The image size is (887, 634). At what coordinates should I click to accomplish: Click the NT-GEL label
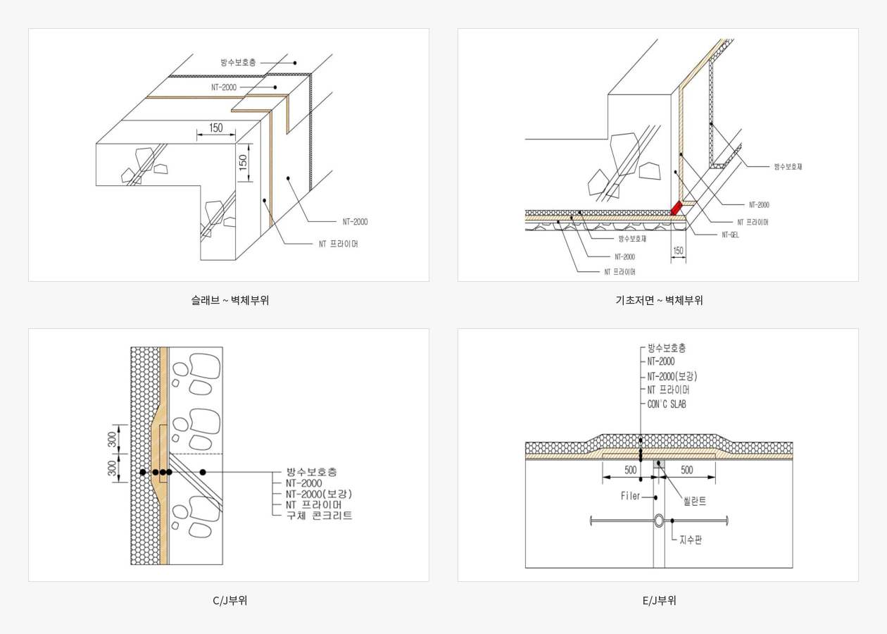click(731, 235)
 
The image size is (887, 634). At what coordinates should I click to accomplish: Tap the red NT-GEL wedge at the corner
click(676, 208)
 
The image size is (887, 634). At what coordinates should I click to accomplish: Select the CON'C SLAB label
click(666, 404)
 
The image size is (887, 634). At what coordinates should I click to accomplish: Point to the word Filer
click(630, 496)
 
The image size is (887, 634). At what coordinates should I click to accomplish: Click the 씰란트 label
click(694, 501)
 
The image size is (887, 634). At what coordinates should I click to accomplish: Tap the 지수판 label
click(691, 540)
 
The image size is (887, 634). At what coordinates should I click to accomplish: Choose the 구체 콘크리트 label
click(319, 516)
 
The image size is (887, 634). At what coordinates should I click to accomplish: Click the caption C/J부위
click(229, 601)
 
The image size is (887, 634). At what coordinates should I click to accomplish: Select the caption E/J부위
click(659, 601)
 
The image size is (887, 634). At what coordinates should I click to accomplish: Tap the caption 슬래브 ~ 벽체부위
click(229, 300)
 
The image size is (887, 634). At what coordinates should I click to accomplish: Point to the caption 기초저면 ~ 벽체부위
click(659, 300)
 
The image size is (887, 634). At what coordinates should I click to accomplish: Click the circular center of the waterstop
click(658, 521)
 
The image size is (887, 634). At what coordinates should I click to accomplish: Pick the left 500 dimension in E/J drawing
click(630, 470)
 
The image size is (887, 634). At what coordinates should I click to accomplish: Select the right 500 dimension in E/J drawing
click(686, 470)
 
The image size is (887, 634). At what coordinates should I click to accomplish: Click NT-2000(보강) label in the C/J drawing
click(318, 494)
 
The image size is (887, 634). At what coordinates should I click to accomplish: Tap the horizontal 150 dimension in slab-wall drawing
click(216, 128)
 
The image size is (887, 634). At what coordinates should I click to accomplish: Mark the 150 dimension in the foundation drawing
click(678, 251)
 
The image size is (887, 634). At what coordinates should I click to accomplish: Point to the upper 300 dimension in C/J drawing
click(112, 439)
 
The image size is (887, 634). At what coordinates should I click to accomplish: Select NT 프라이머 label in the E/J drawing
click(668, 390)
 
